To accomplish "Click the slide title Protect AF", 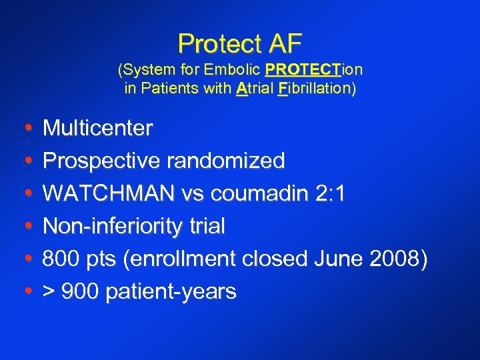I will [240, 43].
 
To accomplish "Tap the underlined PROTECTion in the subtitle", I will [313, 69].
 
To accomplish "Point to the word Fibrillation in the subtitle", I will [315, 88].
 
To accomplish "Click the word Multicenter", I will [97, 128].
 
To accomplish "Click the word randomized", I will [226, 161].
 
